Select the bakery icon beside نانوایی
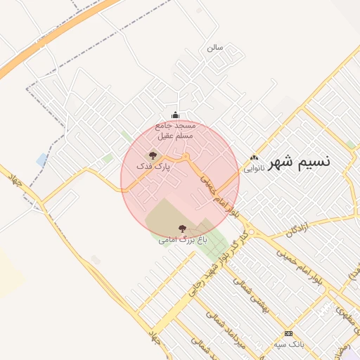click(x=254, y=158)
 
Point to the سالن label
click(x=214, y=48)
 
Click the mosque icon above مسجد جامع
click(x=175, y=116)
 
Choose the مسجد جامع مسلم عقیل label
click(x=174, y=130)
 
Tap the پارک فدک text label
click(x=154, y=166)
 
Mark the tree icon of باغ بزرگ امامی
click(x=183, y=229)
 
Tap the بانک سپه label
click(x=289, y=345)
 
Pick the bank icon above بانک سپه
click(x=288, y=333)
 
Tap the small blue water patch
click(x=42, y=159)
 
